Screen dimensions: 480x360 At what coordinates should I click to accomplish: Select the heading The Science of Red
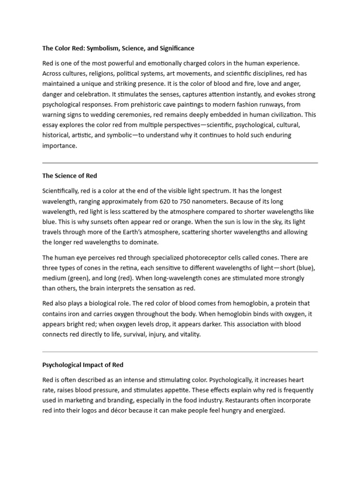click(x=70, y=176)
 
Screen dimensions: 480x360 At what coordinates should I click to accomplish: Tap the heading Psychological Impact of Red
click(x=83, y=364)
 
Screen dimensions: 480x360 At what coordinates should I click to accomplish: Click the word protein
click(x=278, y=303)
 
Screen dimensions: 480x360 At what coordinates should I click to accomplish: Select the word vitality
click(x=187, y=334)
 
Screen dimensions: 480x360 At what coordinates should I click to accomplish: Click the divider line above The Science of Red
click(x=180, y=163)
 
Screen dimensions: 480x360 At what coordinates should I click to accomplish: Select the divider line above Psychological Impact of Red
click(x=180, y=352)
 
